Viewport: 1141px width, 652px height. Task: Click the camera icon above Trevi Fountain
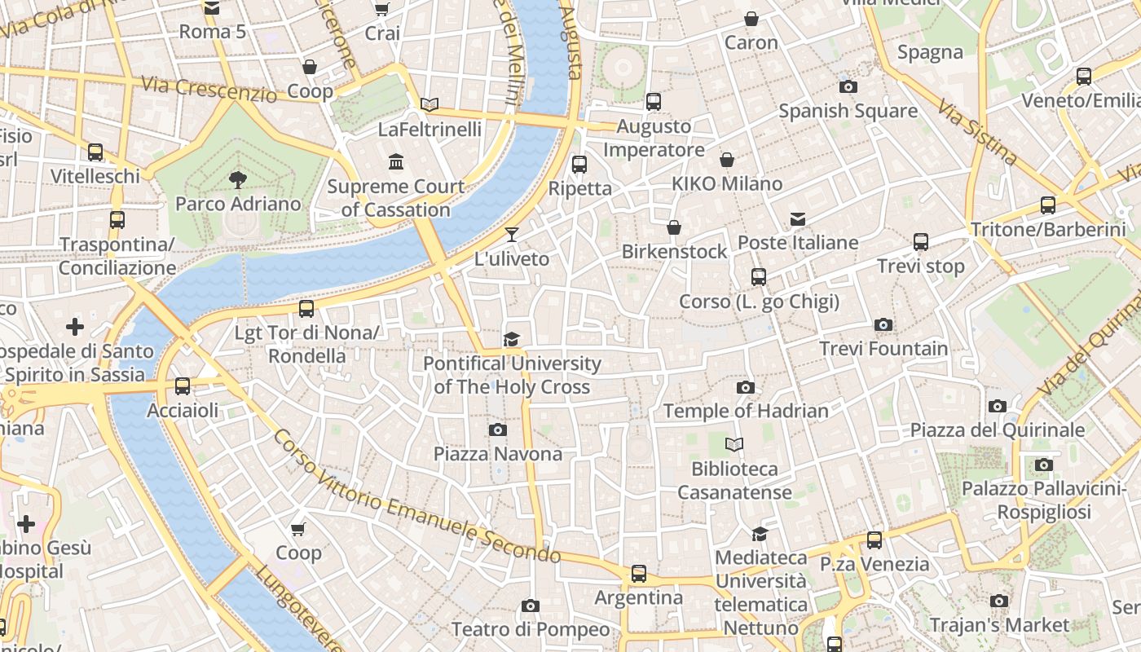(883, 325)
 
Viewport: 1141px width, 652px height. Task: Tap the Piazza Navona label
(497, 454)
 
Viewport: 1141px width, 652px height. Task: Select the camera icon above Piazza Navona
(498, 430)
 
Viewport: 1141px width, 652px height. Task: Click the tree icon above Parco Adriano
(238, 179)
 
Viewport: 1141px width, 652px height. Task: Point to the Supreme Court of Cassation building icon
(396, 162)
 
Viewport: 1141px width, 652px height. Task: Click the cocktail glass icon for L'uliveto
(511, 235)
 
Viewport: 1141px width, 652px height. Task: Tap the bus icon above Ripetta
(579, 165)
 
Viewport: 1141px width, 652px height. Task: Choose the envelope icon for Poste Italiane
(798, 219)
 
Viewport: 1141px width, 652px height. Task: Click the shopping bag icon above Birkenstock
(674, 227)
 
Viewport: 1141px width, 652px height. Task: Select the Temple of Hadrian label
(746, 411)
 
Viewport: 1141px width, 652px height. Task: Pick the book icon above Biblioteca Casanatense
(734, 445)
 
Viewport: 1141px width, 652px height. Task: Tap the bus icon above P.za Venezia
(874, 540)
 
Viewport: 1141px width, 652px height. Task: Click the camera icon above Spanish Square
(848, 86)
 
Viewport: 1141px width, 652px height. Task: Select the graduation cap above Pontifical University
(511, 339)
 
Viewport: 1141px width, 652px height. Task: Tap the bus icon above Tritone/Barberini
(1048, 205)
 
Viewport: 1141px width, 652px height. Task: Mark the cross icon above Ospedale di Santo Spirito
(75, 328)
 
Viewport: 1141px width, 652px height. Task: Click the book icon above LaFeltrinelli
(430, 104)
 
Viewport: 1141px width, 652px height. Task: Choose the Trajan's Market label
(998, 625)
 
